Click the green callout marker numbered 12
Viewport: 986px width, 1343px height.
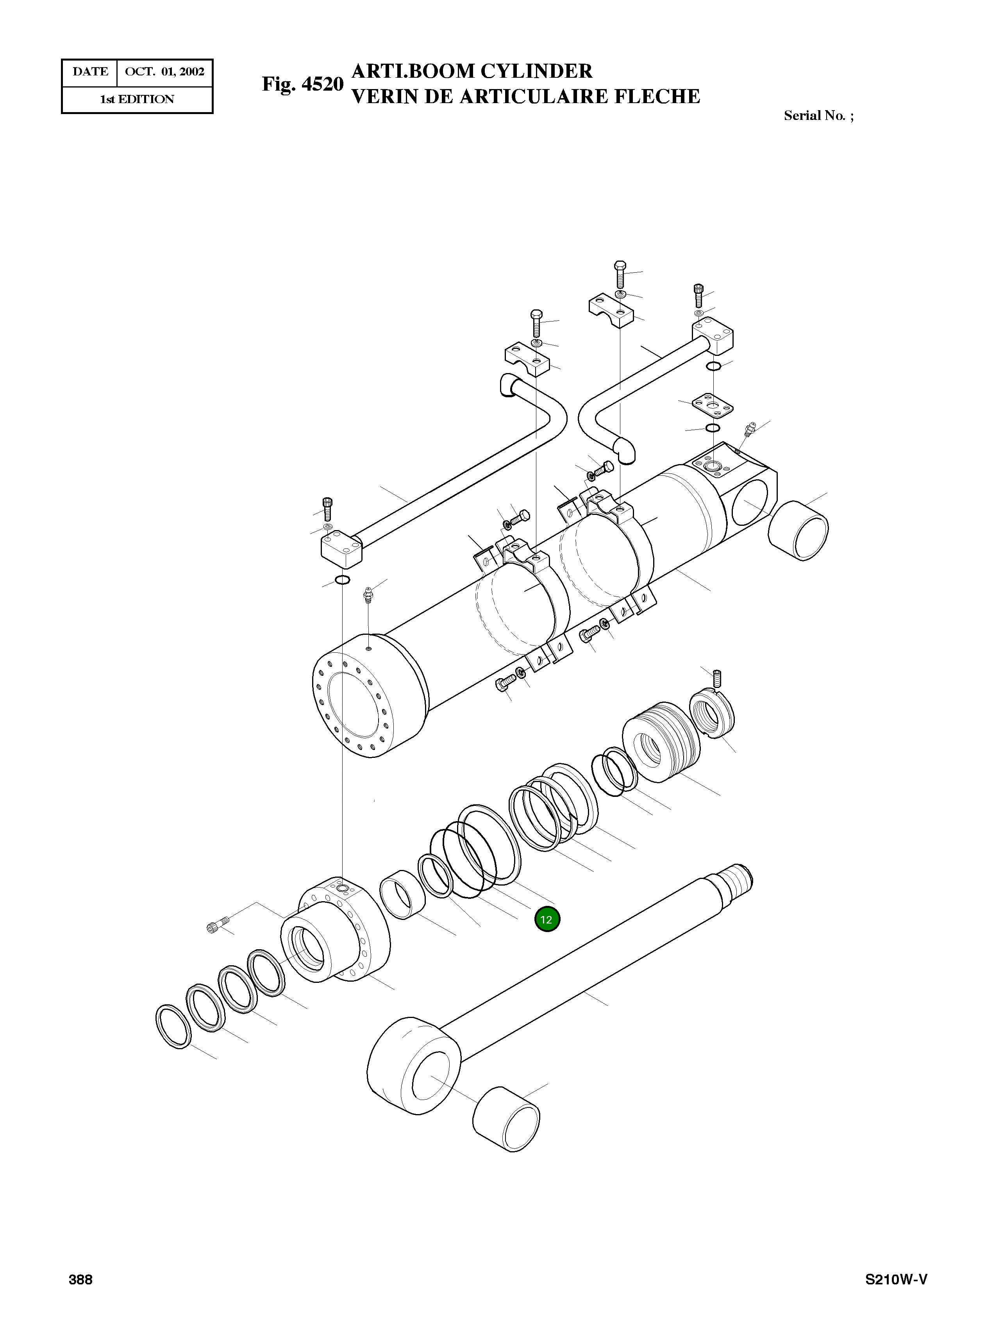547,919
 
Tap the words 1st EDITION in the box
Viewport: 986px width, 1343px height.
137,100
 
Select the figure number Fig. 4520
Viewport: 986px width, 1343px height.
303,84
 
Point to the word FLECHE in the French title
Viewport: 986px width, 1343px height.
657,97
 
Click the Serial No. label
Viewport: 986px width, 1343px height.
818,116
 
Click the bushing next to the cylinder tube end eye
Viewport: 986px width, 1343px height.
798,530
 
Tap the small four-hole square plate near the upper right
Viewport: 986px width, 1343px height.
712,406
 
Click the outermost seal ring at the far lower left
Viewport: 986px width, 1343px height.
173,1027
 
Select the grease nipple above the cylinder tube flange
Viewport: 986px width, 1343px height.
368,595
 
